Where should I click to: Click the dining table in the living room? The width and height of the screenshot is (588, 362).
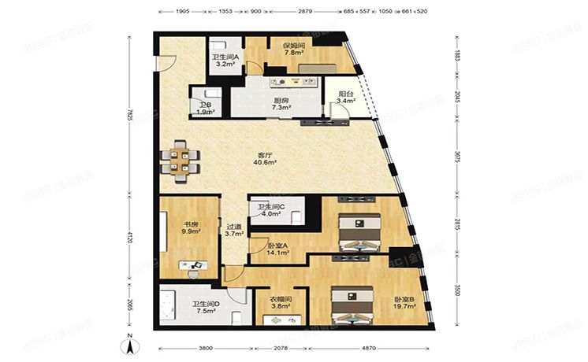click(x=180, y=161)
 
